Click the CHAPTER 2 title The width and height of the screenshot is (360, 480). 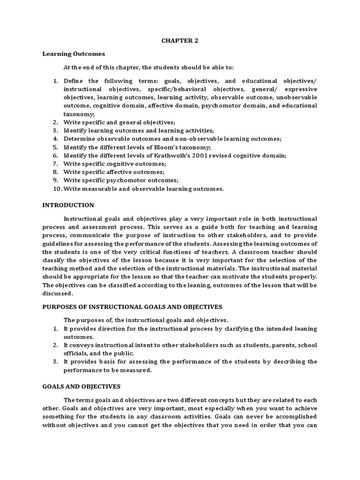pos(180,41)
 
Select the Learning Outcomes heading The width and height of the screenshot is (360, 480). pos(74,54)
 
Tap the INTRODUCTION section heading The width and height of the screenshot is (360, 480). pos(68,205)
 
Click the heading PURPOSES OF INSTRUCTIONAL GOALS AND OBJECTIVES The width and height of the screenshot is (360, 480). pos(132,307)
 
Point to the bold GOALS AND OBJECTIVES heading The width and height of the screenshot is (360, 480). pos(82,387)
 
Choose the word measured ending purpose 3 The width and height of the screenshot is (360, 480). pos(139,370)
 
